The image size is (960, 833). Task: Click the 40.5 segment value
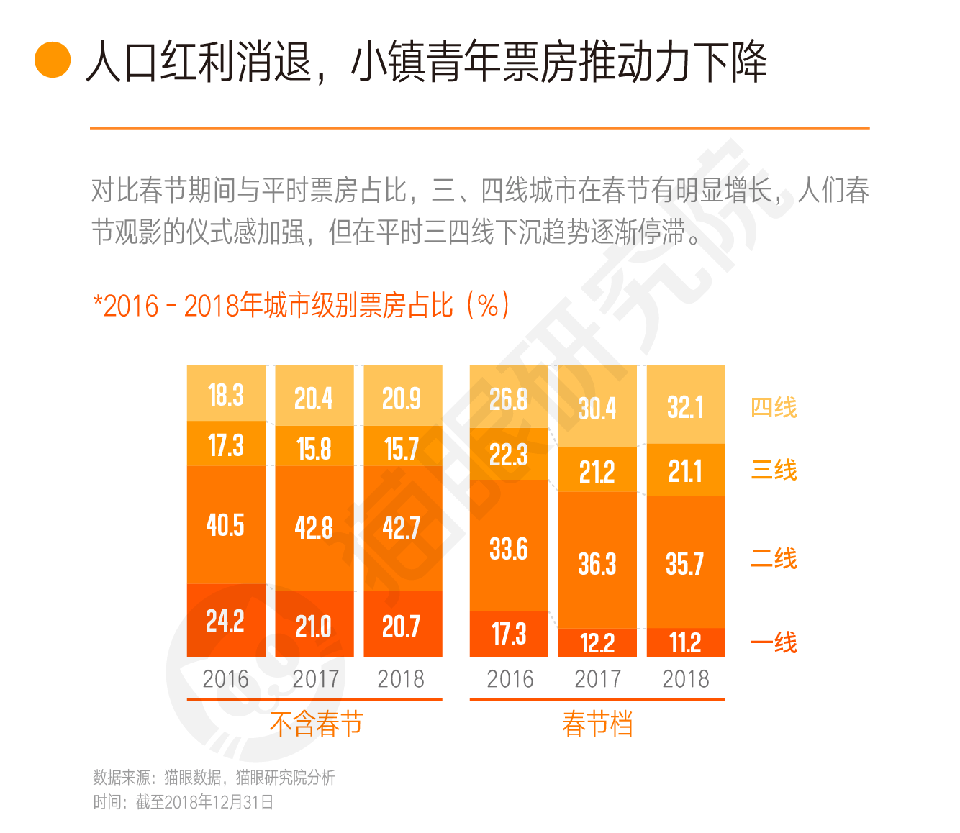click(x=225, y=525)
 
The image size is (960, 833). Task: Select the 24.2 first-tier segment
click(x=225, y=620)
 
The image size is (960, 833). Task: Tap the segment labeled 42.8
click(x=314, y=528)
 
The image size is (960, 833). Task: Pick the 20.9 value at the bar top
click(x=402, y=398)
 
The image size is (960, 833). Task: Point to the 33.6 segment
click(x=509, y=549)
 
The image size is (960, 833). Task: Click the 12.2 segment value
click(x=597, y=642)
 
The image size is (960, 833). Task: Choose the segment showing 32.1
click(x=685, y=408)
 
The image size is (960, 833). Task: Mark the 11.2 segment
click(x=685, y=642)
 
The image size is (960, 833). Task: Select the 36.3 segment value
click(x=597, y=563)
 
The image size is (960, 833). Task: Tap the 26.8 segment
click(x=509, y=399)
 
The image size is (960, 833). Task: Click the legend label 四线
click(x=774, y=408)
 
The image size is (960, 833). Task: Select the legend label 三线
click(x=774, y=470)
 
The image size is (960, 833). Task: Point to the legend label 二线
click(x=774, y=559)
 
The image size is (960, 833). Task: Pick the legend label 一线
click(x=774, y=642)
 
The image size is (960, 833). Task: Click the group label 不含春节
click(x=316, y=724)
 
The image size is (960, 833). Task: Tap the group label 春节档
click(x=597, y=724)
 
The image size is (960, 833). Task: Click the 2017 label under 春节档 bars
click(x=597, y=678)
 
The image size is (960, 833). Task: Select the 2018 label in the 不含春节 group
click(x=401, y=678)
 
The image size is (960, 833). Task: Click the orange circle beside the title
click(x=53, y=60)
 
